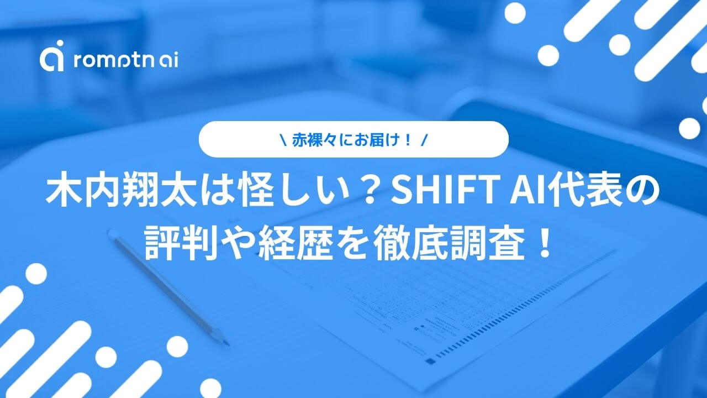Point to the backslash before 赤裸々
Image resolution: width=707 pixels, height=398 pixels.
tap(283, 140)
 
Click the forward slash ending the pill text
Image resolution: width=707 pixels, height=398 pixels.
tap(424, 140)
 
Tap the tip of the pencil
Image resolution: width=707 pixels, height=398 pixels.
tap(228, 345)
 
